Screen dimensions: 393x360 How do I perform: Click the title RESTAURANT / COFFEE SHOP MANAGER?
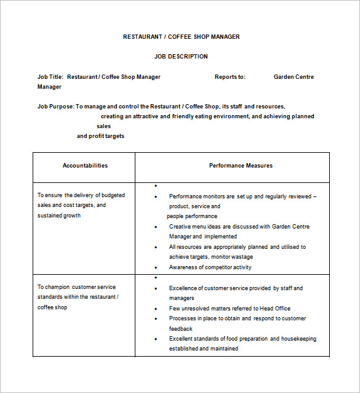coord(181,37)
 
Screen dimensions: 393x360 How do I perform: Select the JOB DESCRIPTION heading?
coord(181,57)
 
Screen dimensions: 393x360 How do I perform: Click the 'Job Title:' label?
coord(50,77)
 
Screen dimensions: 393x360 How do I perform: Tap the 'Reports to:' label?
coord(230,77)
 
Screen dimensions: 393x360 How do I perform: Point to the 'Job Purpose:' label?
coord(55,107)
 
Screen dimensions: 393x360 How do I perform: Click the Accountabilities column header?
coord(85,166)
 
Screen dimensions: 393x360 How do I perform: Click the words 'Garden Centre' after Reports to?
coord(294,77)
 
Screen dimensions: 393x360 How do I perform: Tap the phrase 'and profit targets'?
coord(100,136)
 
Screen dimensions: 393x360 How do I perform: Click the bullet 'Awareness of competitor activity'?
coord(210,267)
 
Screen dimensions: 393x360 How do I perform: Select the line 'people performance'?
coord(192,216)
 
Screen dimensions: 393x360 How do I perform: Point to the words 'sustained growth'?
coord(59,216)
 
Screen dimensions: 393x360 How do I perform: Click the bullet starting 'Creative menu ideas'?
coord(239,227)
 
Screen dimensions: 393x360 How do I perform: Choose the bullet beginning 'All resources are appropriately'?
coord(237,247)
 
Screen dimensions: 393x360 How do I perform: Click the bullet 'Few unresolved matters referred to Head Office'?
coord(230,309)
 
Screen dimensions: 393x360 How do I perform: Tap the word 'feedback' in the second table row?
coord(182,329)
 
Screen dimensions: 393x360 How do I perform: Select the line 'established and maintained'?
coord(203,349)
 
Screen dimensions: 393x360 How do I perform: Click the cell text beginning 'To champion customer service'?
coord(76,287)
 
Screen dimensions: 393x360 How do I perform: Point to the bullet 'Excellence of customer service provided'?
coord(236,288)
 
